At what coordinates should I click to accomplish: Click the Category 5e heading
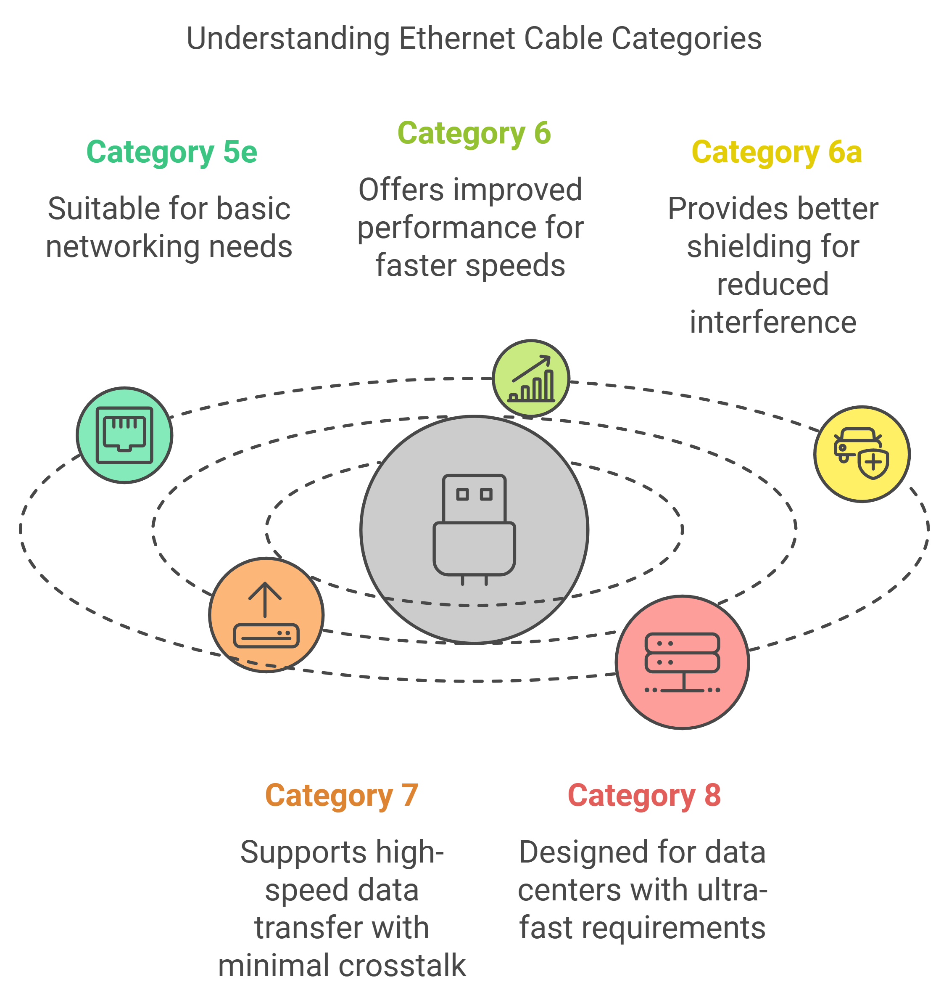coord(171,152)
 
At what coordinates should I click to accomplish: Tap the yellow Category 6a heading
coord(777,152)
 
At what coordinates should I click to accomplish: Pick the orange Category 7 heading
coord(341,796)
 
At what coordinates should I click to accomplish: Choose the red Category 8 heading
coord(644,796)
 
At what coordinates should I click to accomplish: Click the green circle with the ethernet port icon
coord(124,435)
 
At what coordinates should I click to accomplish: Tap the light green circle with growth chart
coord(531,378)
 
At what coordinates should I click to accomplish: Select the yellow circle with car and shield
coord(862,454)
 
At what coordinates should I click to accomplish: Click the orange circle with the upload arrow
coord(266,615)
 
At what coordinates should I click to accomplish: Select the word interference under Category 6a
coord(773,323)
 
